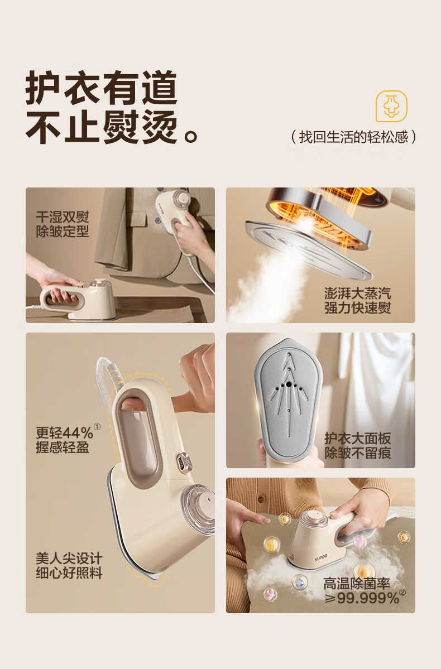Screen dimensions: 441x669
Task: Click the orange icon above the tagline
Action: click(391, 106)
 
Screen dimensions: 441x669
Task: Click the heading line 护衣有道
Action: click(101, 88)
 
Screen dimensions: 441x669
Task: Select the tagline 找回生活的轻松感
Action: click(353, 137)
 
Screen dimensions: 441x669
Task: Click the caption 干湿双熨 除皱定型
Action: click(63, 224)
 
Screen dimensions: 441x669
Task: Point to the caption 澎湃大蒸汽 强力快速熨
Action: click(358, 300)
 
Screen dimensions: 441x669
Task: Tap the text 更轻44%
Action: click(64, 432)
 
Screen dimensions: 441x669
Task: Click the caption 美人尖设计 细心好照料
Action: click(69, 566)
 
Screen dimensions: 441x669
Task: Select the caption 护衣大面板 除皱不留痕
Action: click(358, 445)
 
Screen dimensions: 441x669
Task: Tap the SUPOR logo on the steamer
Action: click(320, 557)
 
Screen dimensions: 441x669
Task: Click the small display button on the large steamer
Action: click(184, 463)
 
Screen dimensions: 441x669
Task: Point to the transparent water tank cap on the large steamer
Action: click(198, 509)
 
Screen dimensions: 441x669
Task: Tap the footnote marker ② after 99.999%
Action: click(402, 592)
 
